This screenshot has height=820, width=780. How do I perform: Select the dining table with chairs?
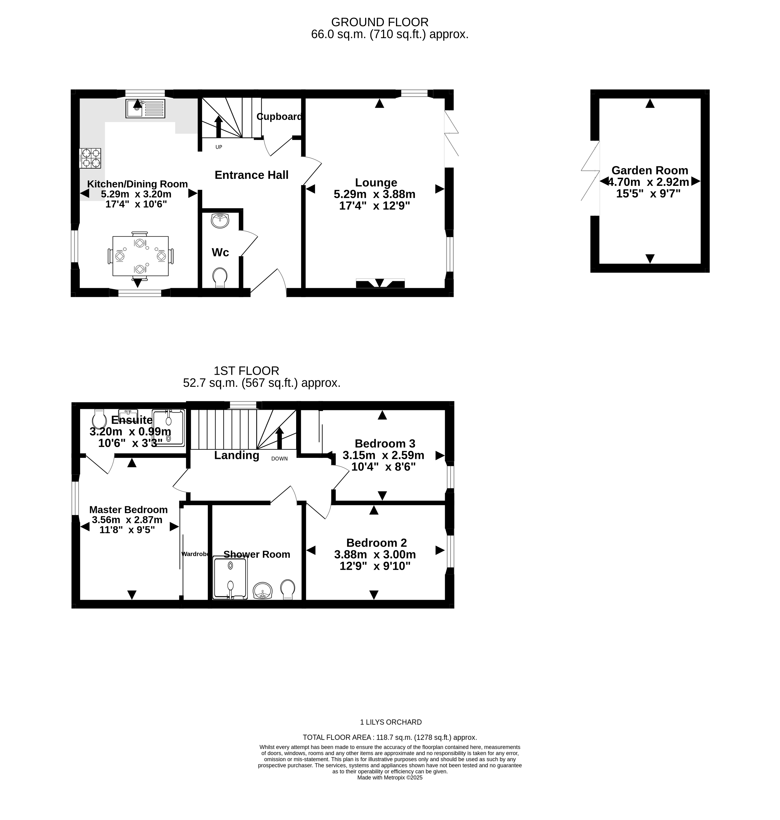140,256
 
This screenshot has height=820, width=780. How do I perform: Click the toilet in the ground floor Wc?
220,277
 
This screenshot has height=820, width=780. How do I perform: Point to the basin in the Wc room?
220,220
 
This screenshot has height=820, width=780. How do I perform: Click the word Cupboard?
279,117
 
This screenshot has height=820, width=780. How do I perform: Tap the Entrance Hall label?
252,175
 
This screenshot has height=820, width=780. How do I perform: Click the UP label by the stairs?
219,147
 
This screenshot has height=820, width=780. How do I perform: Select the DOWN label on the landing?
279,459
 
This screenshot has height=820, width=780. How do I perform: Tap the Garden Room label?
650,170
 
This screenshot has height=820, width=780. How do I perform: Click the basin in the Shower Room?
262,590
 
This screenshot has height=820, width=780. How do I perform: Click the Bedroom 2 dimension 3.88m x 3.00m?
375,555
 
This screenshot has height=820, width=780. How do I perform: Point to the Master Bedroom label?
129,510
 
